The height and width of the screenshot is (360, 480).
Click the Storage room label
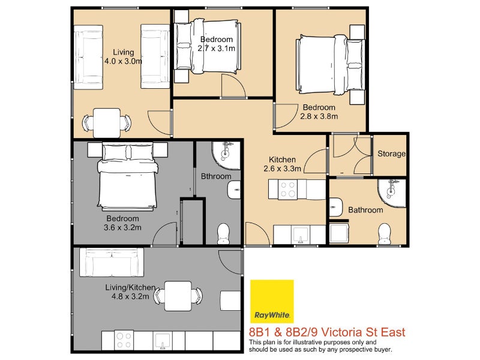391,154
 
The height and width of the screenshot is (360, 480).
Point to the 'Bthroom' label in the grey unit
216,176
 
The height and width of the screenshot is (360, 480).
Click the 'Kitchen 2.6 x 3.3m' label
282,164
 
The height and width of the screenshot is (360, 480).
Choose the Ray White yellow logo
272,301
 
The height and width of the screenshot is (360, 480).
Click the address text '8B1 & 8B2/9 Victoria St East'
326,332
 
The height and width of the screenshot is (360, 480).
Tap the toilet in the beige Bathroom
385,233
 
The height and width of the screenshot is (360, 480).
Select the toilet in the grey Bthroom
223,232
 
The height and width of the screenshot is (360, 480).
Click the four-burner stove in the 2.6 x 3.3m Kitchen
283,190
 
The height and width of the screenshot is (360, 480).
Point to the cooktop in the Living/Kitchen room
124,340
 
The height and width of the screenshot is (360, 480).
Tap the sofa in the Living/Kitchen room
112,262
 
